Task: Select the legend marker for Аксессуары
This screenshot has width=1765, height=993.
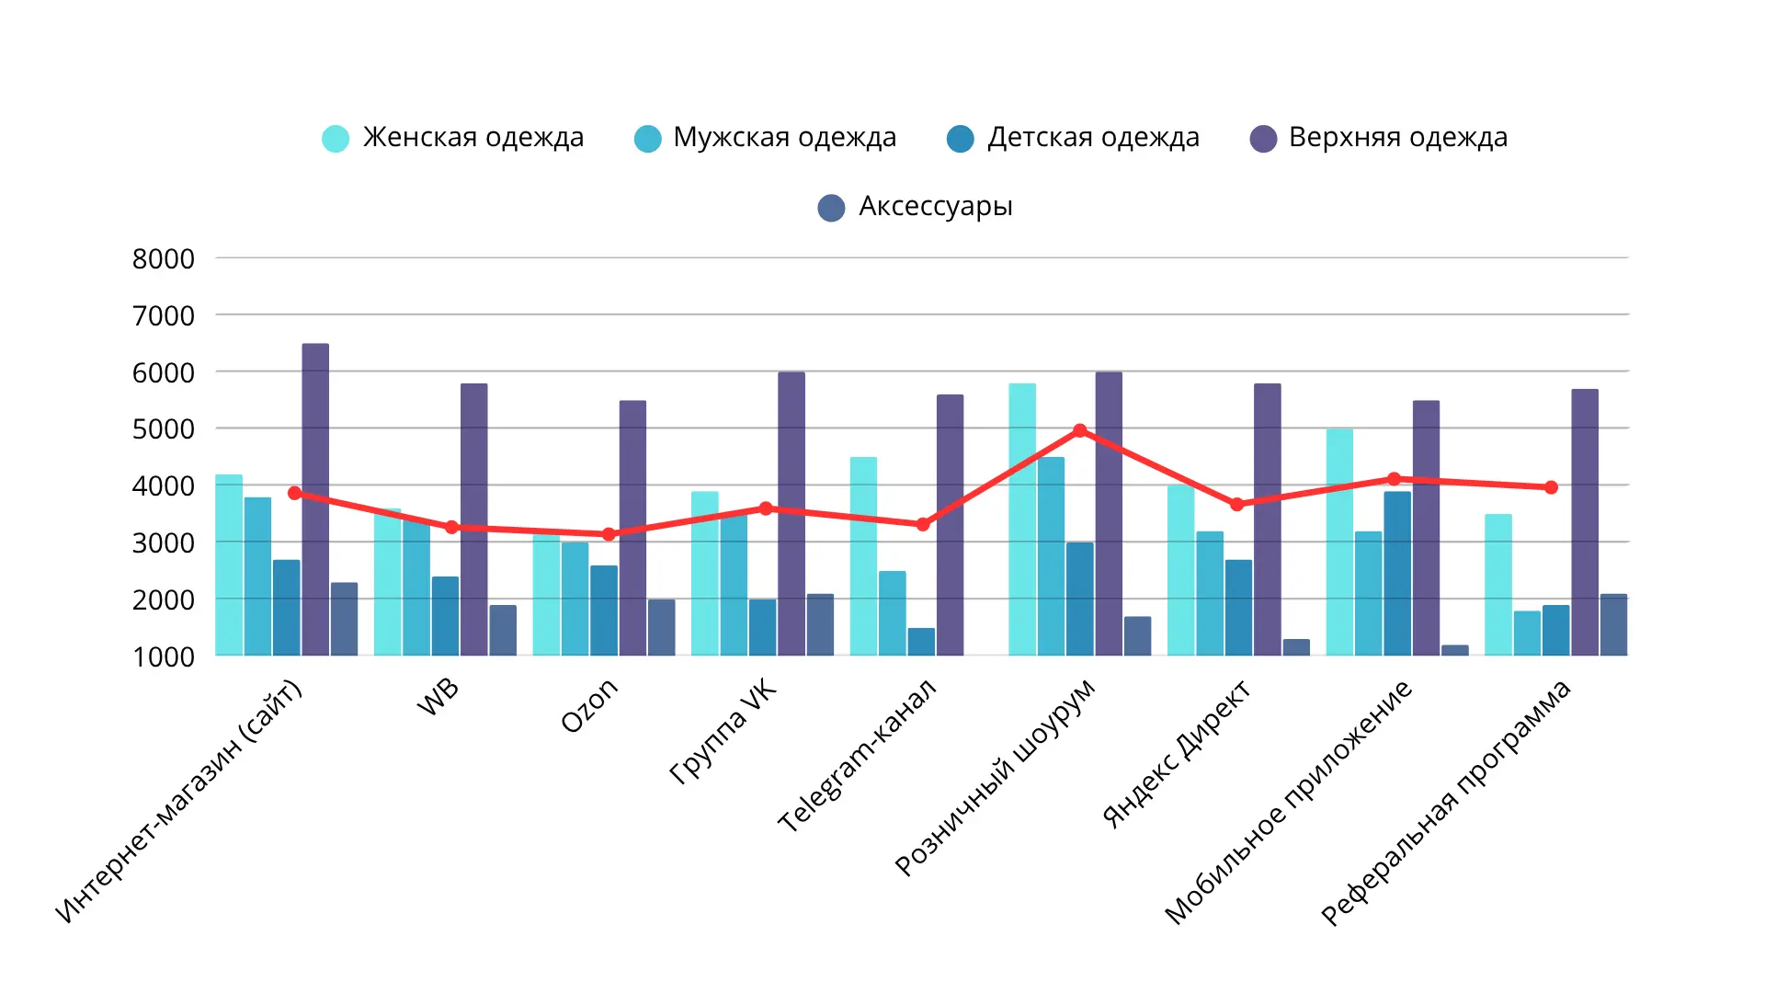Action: coord(831,208)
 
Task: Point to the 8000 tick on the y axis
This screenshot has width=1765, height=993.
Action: coord(164,259)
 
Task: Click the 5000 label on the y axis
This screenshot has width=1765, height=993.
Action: coord(164,429)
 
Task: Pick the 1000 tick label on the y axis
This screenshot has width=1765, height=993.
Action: coord(164,657)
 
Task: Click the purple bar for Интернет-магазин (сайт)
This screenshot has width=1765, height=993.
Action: coord(315,501)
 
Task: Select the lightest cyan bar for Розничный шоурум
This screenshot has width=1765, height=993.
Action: coord(1022,519)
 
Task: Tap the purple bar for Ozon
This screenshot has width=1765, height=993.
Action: coord(632,529)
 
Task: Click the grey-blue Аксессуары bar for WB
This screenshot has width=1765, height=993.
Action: coord(503,631)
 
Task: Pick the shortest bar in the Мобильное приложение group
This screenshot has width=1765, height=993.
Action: coord(1454,650)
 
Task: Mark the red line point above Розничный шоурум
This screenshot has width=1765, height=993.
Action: coord(1080,430)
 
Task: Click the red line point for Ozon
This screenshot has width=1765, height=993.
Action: coord(609,534)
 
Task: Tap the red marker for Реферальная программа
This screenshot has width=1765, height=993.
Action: coord(1551,487)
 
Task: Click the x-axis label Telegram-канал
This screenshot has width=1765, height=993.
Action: coord(857,756)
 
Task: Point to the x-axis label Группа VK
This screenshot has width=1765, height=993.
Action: coord(723,732)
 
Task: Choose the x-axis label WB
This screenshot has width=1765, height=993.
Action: coord(438,697)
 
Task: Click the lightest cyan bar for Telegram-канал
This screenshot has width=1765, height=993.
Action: coord(863,556)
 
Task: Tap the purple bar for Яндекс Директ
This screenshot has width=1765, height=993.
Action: coord(1267,519)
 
